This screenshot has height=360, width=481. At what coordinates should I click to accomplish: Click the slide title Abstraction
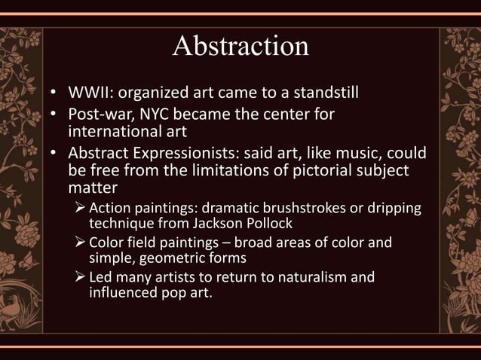pyautogui.click(x=240, y=47)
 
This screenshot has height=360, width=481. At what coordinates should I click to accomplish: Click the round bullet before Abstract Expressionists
pyautogui.click(x=54, y=153)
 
